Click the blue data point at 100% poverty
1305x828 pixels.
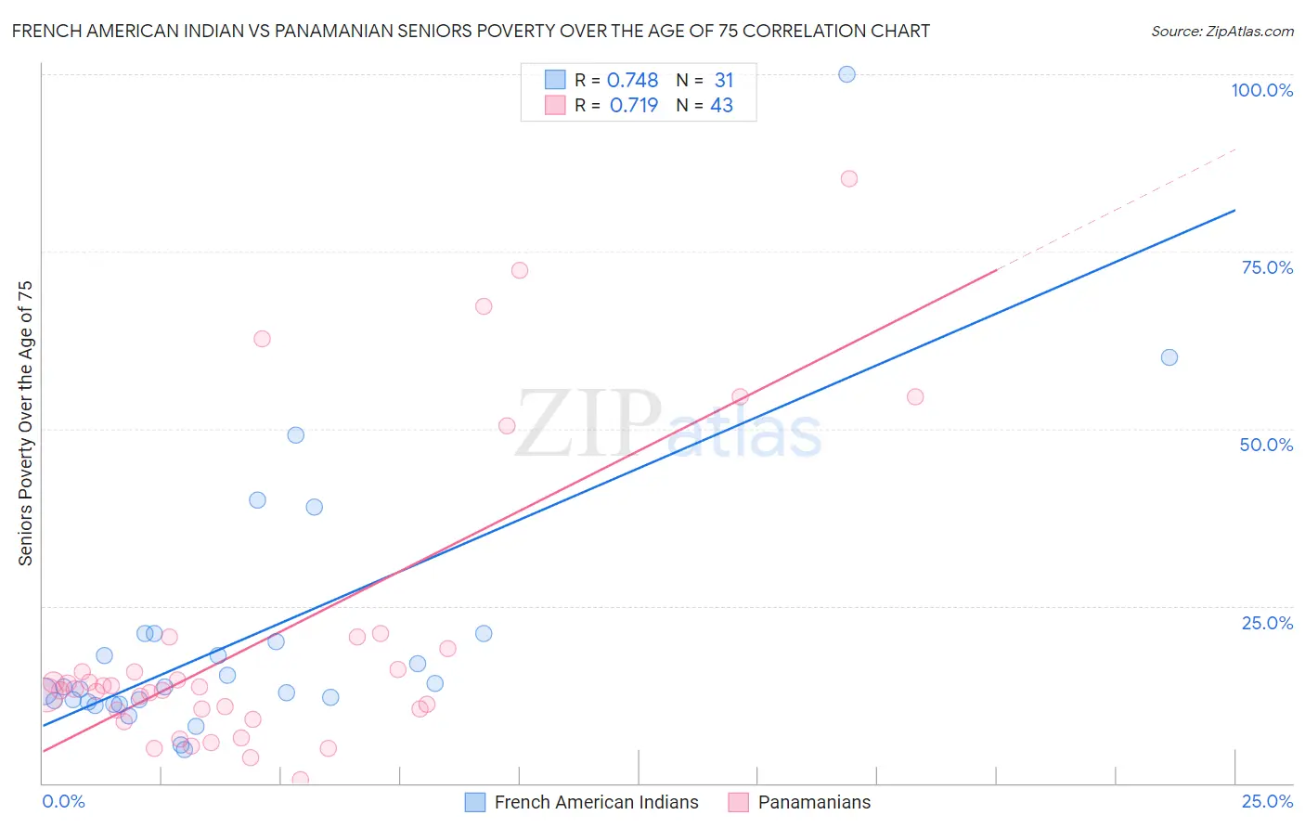click(x=846, y=74)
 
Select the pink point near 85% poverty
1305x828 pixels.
click(x=848, y=178)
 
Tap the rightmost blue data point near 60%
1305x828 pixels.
click(x=1169, y=357)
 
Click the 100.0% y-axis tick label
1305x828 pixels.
click(x=1261, y=90)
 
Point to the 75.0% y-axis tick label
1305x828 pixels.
click(x=1267, y=267)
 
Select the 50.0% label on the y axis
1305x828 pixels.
click(x=1266, y=445)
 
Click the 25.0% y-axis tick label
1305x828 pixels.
click(x=1267, y=623)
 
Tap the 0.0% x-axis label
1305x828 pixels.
click(x=63, y=801)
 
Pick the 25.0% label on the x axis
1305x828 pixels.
click(x=1267, y=801)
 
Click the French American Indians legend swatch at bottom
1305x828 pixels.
click(x=475, y=802)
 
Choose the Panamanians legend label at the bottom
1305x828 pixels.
click(x=814, y=802)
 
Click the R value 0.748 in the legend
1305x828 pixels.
click(x=632, y=81)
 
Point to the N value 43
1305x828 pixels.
click(x=721, y=106)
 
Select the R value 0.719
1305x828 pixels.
click(x=634, y=106)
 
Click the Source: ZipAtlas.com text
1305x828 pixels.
click(x=1221, y=32)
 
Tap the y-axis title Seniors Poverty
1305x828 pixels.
click(x=25, y=422)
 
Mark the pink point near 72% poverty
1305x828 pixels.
click(x=520, y=270)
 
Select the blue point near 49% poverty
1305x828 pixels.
click(x=296, y=434)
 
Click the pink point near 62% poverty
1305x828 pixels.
click(x=262, y=339)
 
